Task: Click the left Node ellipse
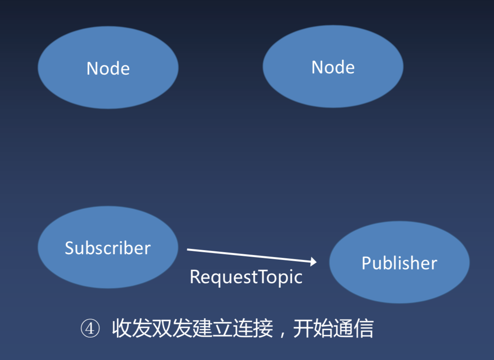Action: click(108, 67)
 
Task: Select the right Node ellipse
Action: click(333, 66)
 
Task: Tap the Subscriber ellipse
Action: click(108, 247)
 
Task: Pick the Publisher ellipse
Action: click(399, 262)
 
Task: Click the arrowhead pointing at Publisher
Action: click(314, 262)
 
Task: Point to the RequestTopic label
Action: click(246, 277)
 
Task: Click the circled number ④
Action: click(90, 329)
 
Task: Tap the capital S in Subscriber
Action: click(70, 248)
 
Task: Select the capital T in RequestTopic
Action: click(264, 277)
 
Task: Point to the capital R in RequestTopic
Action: click(195, 277)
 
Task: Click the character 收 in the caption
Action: click(121, 329)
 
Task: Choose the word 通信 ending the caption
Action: click(353, 329)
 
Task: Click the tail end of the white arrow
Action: click(188, 249)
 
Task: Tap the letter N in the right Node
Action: click(317, 67)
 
